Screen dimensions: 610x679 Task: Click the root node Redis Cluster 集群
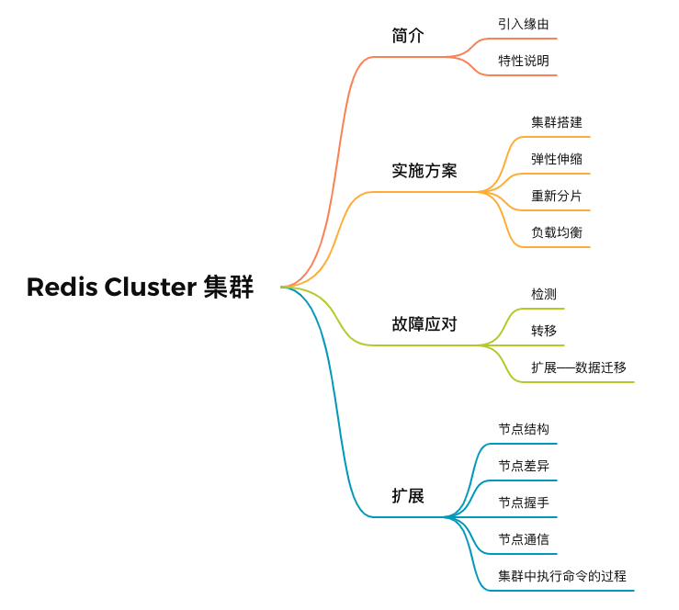click(x=140, y=288)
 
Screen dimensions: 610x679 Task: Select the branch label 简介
click(x=408, y=36)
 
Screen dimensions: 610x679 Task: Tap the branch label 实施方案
click(x=424, y=171)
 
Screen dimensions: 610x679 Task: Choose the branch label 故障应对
click(x=424, y=323)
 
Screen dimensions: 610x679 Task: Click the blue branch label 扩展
click(x=408, y=496)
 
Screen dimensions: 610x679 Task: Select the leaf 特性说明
click(x=524, y=61)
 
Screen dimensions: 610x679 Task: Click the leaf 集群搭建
click(x=556, y=122)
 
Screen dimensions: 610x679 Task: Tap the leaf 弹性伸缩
click(x=556, y=159)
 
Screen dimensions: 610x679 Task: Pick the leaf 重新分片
click(x=556, y=196)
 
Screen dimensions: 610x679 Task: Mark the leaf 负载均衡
click(x=556, y=232)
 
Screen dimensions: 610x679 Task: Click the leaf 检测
click(x=543, y=294)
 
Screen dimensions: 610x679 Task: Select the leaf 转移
click(x=543, y=331)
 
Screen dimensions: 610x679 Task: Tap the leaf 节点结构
click(x=524, y=429)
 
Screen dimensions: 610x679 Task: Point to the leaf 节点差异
click(x=524, y=466)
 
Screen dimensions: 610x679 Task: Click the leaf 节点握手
click(x=524, y=503)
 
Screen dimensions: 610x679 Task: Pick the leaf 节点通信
click(x=524, y=539)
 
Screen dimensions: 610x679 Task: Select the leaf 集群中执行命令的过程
click(x=562, y=576)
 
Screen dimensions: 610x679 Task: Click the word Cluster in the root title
click(x=150, y=288)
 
